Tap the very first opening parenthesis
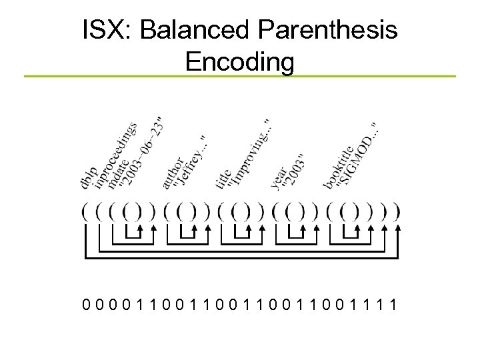click(x=85, y=212)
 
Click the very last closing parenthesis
click(x=398, y=212)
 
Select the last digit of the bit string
click(x=396, y=305)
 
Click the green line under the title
click(x=240, y=77)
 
